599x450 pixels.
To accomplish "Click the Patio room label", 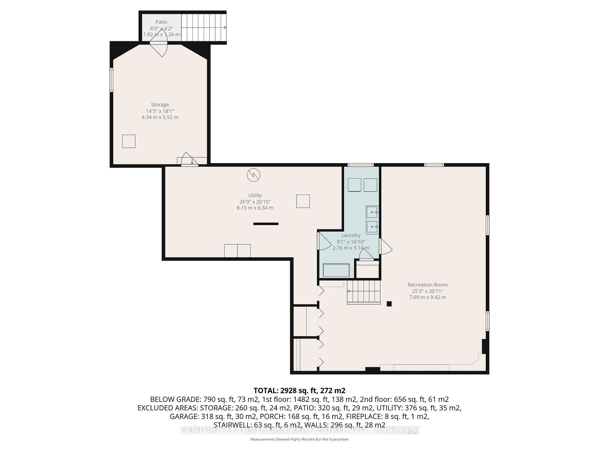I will (161, 22).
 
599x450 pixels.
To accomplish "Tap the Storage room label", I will (160, 105).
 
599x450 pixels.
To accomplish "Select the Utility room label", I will (255, 195).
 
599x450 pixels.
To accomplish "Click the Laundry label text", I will (351, 235).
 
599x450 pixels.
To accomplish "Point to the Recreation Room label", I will (427, 285).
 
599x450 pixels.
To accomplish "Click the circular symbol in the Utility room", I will (253, 175).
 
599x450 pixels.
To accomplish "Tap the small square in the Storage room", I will (129, 141).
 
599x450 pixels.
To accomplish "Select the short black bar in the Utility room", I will (266, 224).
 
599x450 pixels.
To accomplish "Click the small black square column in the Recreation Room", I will (389, 304).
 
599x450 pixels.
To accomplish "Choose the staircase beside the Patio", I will (203, 27).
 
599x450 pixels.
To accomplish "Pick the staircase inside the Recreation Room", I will (364, 292).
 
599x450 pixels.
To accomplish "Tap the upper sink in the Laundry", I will (372, 212).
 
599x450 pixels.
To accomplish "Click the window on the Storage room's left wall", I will (111, 80).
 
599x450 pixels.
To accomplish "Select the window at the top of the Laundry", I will (361, 165).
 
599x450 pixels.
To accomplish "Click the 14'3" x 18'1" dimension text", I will (160, 111).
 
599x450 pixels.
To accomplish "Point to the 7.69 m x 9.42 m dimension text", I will (427, 297).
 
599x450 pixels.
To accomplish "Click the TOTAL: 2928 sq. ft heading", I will (299, 391).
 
